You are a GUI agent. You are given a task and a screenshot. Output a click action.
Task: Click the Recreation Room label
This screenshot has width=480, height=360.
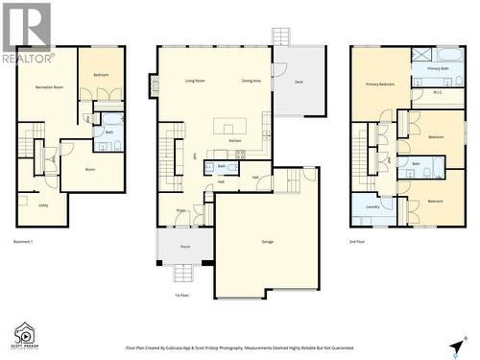[49, 87]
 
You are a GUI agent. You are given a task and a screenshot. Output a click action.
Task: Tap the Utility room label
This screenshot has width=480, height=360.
[44, 204]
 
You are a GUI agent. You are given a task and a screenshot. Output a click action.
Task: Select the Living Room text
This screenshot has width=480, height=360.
[195, 81]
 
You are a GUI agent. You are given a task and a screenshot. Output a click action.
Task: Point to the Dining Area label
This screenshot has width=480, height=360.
[252, 81]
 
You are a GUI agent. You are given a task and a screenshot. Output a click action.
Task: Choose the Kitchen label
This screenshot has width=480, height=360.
[235, 141]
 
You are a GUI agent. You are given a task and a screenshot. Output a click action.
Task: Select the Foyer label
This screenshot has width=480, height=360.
[180, 209]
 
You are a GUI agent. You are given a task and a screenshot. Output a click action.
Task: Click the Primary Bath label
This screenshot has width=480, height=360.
[438, 69]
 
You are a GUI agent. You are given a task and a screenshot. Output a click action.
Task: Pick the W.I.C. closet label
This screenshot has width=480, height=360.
[438, 92]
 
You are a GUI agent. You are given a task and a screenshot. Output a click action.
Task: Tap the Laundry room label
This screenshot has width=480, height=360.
[372, 206]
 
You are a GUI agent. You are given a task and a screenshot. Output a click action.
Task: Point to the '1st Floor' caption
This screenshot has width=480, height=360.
[182, 295]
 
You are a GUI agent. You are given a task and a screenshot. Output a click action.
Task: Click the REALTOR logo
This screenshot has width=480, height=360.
[27, 32]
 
